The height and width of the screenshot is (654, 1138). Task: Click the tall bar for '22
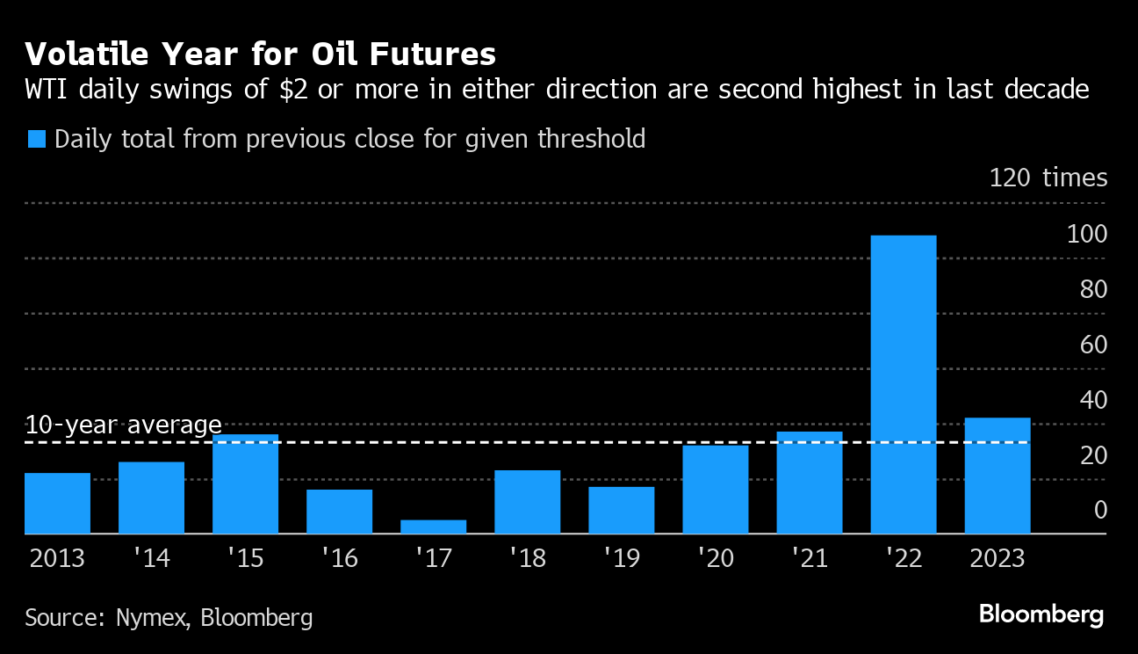point(904,384)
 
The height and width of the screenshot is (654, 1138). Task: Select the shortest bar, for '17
point(434,527)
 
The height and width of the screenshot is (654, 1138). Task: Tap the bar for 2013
point(57,503)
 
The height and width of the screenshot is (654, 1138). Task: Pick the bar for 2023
point(998,476)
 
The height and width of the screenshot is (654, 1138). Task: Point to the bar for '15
point(245,483)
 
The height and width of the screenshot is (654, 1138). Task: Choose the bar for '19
point(622,510)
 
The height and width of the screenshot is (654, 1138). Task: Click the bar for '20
point(716,490)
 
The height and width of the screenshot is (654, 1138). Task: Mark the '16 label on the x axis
point(339,559)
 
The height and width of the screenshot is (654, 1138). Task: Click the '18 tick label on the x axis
point(527,559)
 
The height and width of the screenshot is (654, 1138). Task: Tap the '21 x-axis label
point(809,559)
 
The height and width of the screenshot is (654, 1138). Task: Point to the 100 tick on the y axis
point(1087,235)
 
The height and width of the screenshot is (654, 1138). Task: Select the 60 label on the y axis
point(1094,345)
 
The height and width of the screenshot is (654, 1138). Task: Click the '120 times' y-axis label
point(1048,178)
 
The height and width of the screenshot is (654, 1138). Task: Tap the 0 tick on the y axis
point(1100,510)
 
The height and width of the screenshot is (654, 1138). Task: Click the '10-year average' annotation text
point(123,425)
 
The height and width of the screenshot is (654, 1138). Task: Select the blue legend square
point(36,139)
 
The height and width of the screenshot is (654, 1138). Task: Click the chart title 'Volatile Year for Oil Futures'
point(260,54)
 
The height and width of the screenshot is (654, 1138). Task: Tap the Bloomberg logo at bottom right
point(1041,614)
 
